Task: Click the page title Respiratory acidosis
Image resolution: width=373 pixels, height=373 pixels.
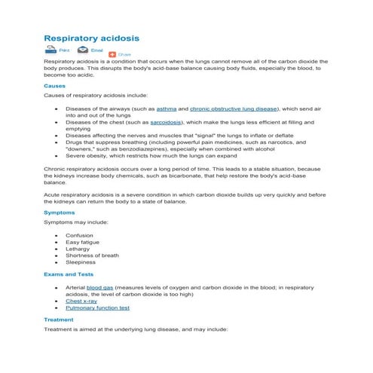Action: tap(91, 37)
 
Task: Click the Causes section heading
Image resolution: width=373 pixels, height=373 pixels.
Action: tap(55, 86)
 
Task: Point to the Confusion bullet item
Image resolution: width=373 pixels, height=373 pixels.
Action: tap(79, 235)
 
